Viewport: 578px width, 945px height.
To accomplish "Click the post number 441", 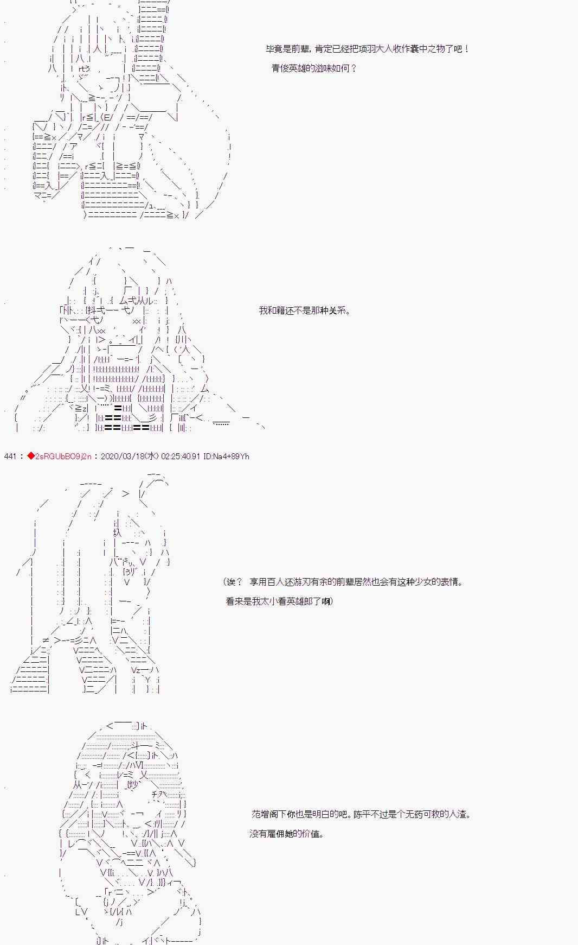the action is point(10,456).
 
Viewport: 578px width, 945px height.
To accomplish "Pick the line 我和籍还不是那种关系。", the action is point(305,311).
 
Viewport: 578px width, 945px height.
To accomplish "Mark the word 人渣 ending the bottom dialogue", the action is point(459,815).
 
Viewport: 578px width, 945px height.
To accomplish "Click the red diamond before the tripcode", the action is point(30,456).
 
